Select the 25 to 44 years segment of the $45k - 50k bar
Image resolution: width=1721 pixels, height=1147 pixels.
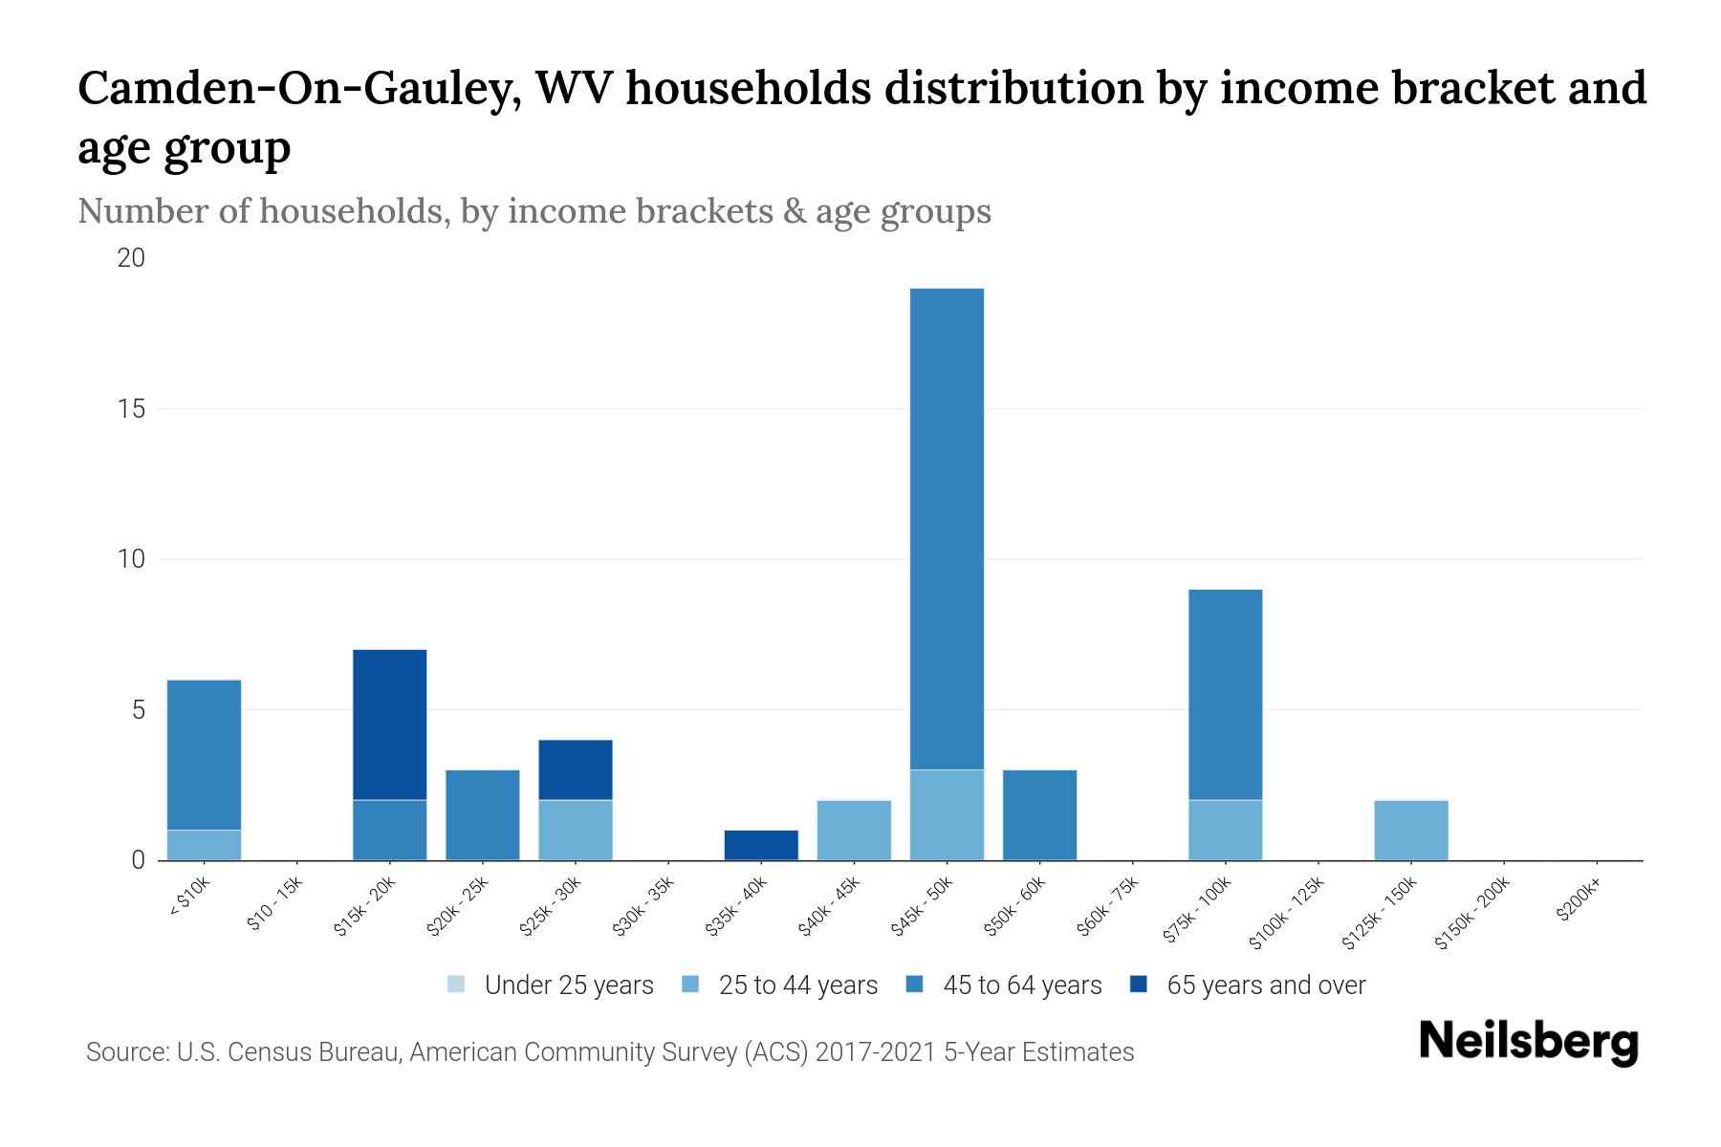point(947,814)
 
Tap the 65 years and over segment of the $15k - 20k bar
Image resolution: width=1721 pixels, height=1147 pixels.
point(389,725)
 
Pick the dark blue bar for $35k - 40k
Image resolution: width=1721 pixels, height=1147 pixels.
point(761,845)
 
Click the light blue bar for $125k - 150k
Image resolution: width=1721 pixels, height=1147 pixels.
point(1410,830)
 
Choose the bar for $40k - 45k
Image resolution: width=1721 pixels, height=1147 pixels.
point(854,830)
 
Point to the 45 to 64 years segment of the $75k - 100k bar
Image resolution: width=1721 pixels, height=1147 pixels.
point(1225,695)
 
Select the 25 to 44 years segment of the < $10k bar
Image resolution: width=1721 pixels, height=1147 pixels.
point(204,845)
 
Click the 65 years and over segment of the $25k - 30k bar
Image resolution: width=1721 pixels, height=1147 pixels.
point(576,769)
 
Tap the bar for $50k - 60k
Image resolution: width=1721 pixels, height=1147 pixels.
point(1039,814)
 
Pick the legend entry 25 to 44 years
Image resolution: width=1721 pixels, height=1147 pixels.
point(781,985)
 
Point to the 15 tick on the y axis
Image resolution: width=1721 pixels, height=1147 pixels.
point(132,409)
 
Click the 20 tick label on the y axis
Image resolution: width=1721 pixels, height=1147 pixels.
point(132,258)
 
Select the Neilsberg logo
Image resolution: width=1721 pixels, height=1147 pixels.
point(1528,1043)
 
